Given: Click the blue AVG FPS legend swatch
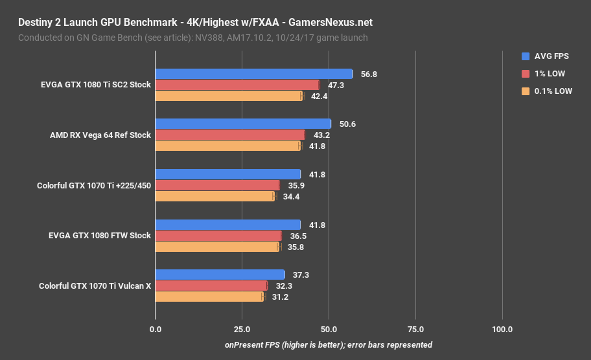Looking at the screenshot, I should [x=526, y=56].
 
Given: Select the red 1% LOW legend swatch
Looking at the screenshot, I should [x=526, y=74].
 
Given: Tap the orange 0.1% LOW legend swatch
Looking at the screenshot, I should [x=526, y=91].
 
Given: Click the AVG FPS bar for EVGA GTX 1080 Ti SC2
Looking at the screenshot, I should [x=253, y=74].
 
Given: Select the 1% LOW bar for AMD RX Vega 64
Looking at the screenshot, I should [x=230, y=135].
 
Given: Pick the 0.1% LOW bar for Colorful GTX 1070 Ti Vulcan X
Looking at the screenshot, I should [x=209, y=297].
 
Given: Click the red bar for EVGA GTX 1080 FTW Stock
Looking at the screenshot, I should [x=218, y=236].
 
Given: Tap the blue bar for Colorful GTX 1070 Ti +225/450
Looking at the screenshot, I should [x=227, y=174].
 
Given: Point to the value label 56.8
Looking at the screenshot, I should [x=369, y=74].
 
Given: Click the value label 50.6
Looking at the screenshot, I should [x=347, y=124].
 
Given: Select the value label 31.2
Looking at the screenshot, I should [x=281, y=297].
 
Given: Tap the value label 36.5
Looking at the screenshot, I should [x=299, y=236].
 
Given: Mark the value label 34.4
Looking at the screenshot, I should [x=292, y=196].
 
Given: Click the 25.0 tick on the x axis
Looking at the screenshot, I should [x=242, y=330].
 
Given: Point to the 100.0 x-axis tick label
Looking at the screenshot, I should [x=502, y=330].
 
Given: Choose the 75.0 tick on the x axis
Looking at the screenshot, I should [x=415, y=330].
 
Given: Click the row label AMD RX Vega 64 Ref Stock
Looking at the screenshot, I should [x=100, y=135].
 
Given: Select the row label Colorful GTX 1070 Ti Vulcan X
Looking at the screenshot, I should [x=95, y=286].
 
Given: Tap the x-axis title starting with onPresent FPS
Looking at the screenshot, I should [x=329, y=345].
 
